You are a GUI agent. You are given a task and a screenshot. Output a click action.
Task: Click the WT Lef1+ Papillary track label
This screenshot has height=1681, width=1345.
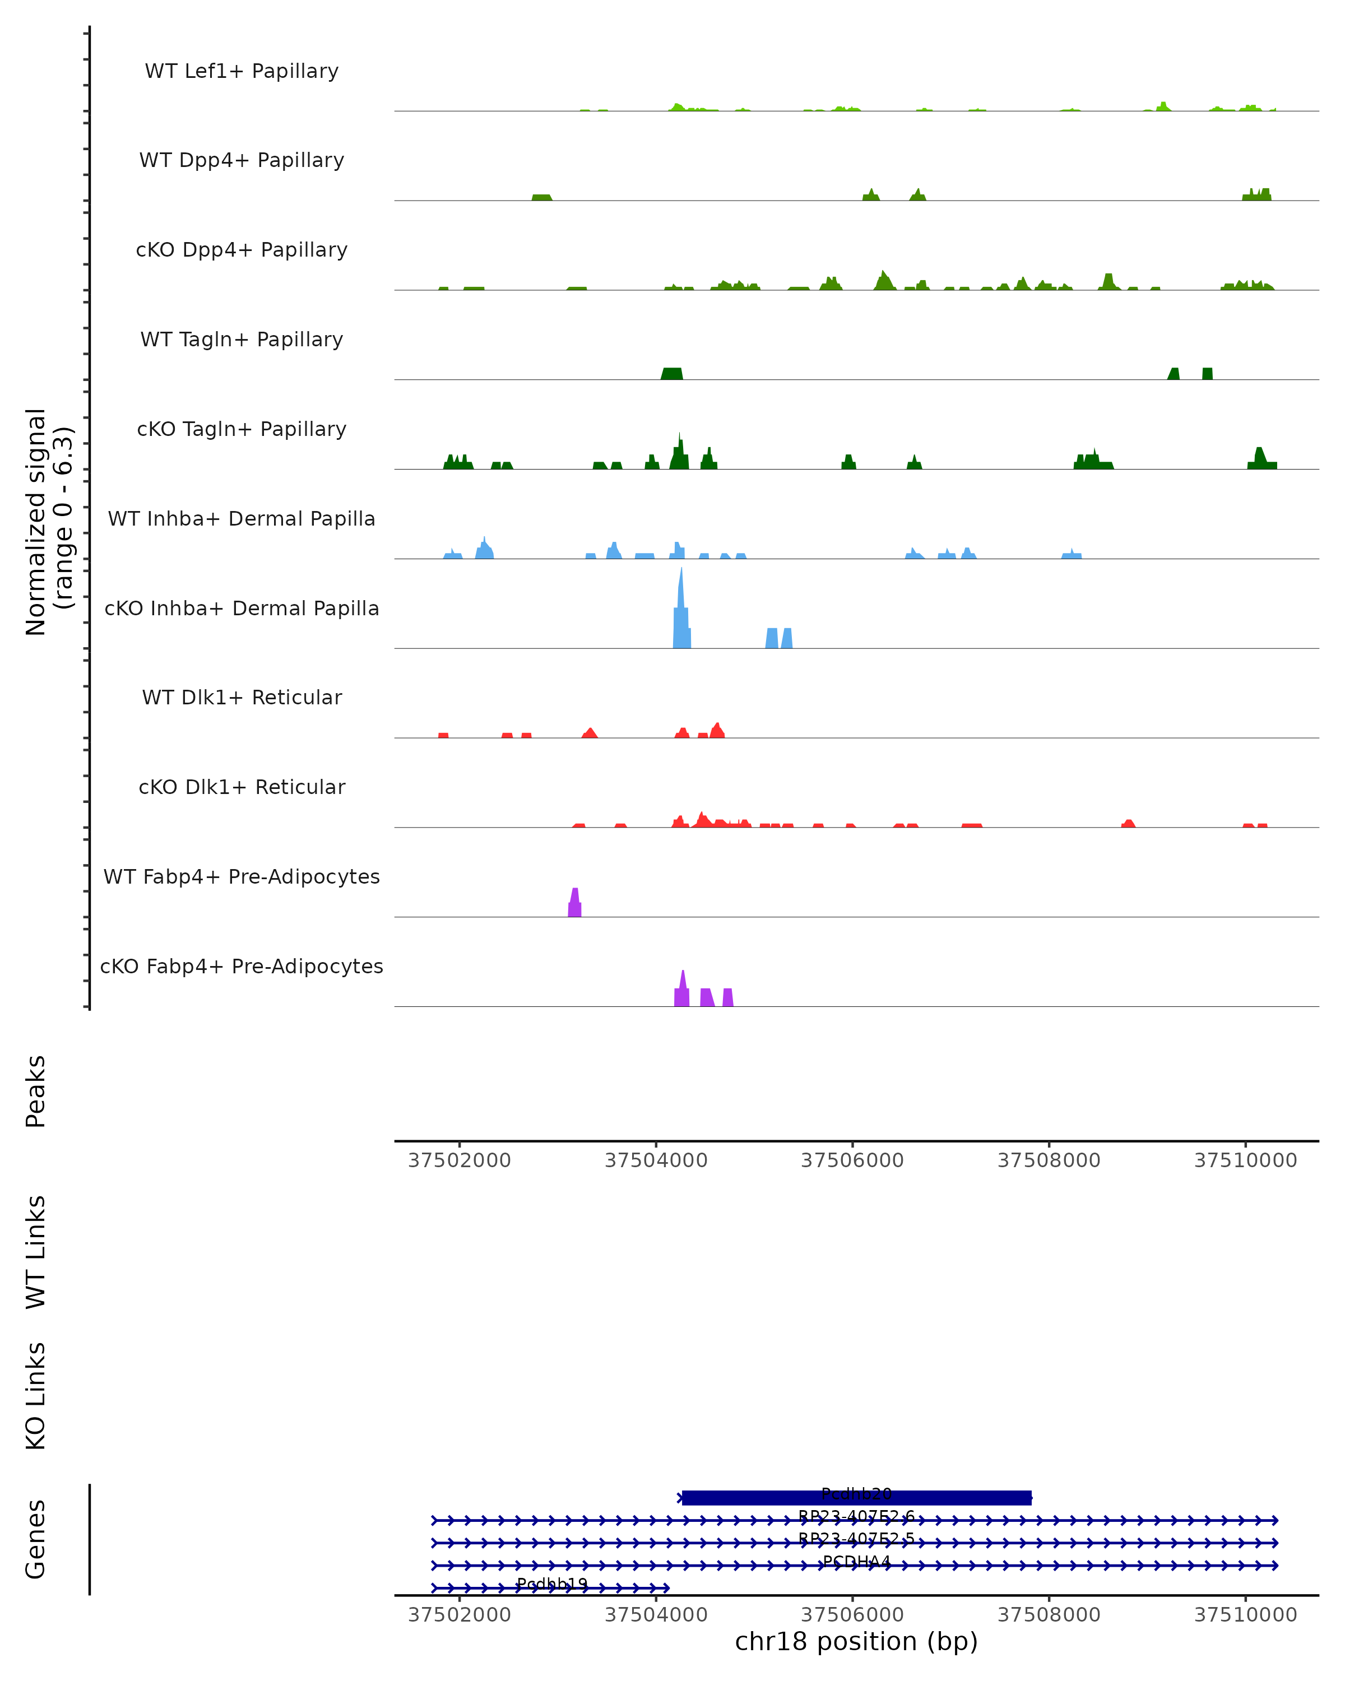(242, 71)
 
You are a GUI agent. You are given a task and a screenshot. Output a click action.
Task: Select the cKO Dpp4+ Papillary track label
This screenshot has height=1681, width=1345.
(242, 250)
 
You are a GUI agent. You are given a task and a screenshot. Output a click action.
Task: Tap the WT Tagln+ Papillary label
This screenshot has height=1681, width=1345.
(242, 340)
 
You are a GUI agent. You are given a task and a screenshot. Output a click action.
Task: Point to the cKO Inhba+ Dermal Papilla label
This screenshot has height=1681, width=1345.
(242, 609)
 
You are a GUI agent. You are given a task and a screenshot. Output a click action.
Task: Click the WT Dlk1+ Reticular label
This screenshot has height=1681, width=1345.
(242, 698)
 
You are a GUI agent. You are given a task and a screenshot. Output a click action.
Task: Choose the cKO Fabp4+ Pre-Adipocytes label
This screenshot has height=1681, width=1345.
(242, 967)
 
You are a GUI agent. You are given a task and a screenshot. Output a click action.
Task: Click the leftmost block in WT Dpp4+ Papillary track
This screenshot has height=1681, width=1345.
(542, 198)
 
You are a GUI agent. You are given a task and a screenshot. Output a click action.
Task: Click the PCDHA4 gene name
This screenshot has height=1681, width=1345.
(856, 1562)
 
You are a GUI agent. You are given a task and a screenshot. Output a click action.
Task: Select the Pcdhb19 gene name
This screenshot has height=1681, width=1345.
(552, 1584)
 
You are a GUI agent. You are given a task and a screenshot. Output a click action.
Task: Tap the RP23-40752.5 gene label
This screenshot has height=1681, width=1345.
(856, 1539)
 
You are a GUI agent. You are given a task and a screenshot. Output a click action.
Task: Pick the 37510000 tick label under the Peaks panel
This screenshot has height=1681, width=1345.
(1245, 1160)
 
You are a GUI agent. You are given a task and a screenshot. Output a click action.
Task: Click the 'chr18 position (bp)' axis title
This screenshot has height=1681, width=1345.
(856, 1642)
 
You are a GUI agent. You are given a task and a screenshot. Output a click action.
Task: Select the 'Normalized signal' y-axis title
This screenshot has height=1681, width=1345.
(36, 522)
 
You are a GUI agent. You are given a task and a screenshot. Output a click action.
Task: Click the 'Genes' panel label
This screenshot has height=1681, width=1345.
(36, 1539)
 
